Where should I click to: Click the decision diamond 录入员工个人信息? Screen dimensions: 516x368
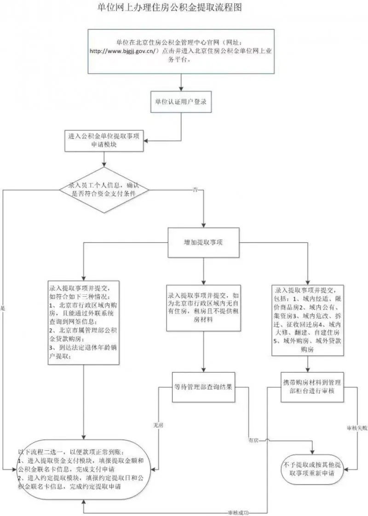[x=104, y=189]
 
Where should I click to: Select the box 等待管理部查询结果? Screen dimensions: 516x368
[x=204, y=386]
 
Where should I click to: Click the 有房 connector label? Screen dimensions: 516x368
[x=253, y=441]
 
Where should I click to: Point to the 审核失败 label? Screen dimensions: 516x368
[x=357, y=428]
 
